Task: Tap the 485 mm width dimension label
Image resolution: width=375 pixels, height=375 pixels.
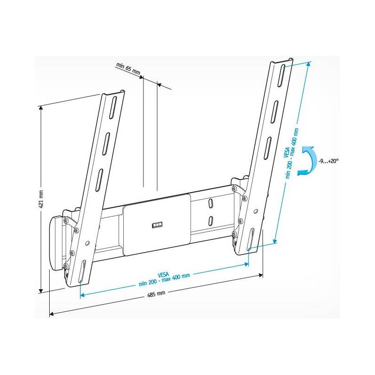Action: [x=156, y=294]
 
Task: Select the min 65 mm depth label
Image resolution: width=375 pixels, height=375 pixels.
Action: [x=128, y=68]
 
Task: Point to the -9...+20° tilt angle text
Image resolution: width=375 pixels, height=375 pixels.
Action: [x=329, y=161]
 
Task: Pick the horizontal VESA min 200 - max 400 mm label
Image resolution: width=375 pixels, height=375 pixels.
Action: [x=164, y=278]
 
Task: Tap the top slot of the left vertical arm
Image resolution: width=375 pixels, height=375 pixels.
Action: [x=113, y=108]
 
